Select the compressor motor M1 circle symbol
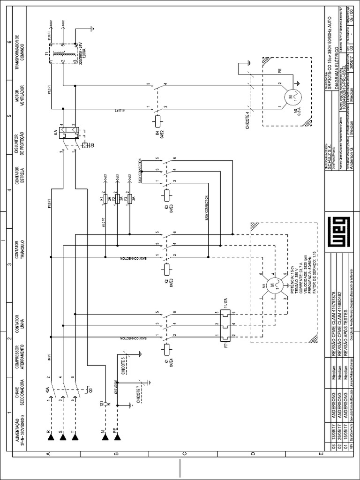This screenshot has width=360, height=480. tap(272, 285)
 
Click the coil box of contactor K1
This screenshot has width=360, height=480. tap(167, 349)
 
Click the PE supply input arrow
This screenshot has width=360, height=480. tap(117, 437)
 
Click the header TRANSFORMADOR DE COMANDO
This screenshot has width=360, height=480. tap(19, 51)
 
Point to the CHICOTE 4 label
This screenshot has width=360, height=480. tap(247, 120)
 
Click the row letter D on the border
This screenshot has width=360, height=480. tap(253, 454)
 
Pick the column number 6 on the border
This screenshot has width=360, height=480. tap(9, 41)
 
